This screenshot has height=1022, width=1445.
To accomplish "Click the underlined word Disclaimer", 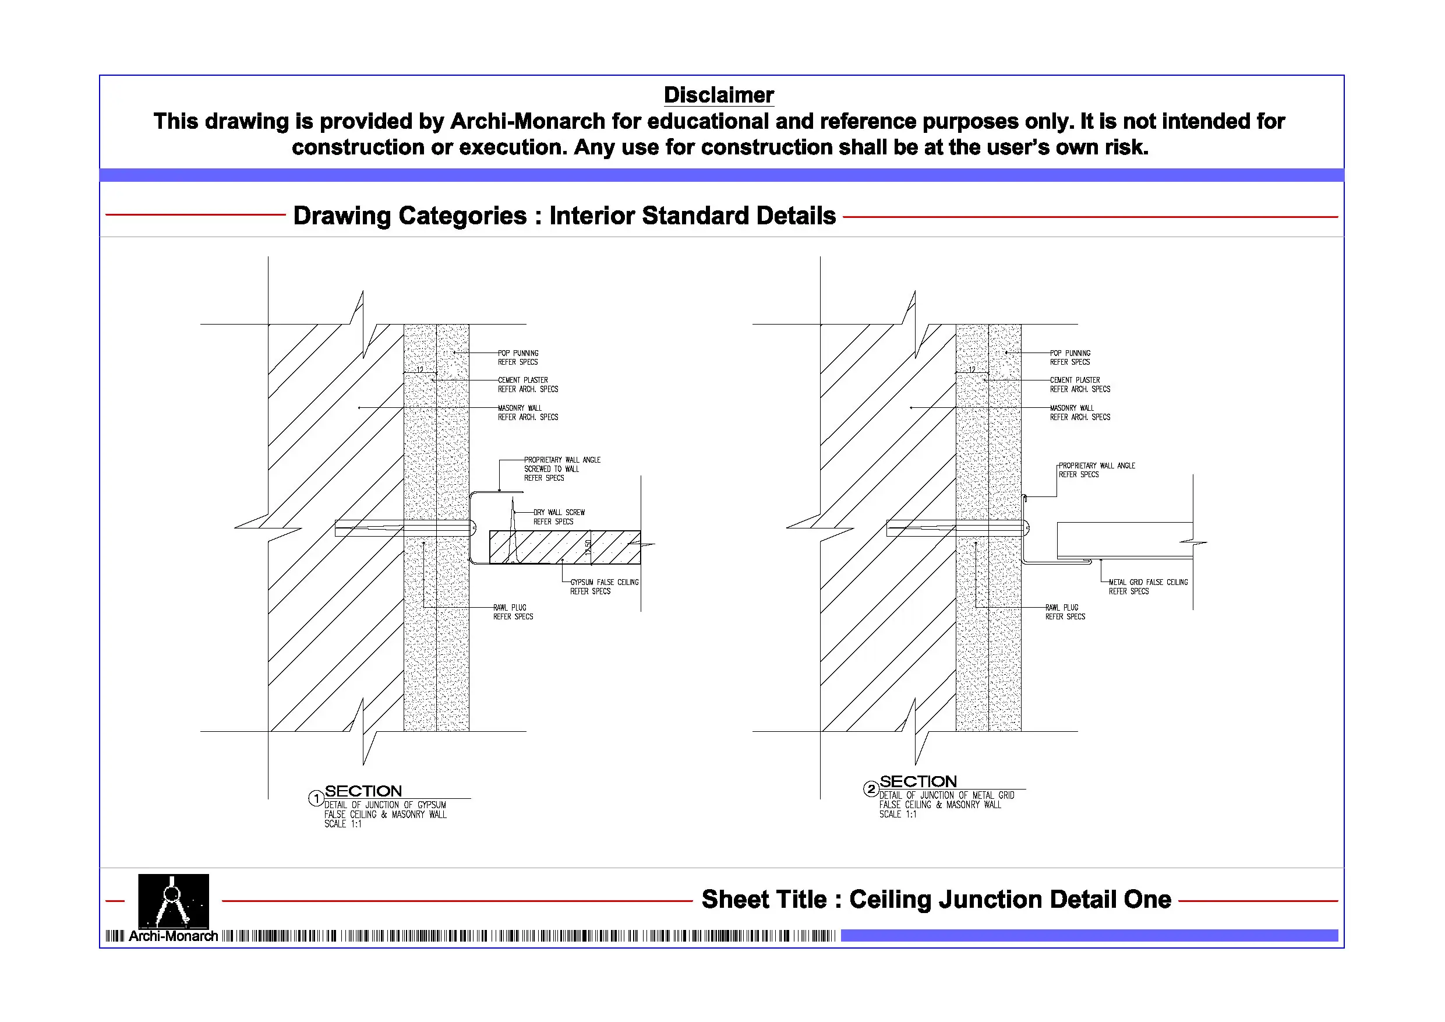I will pyautogui.click(x=718, y=95).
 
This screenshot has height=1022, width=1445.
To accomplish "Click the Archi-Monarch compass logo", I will pyautogui.click(x=173, y=900).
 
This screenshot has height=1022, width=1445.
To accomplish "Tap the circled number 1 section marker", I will pyautogui.click(x=316, y=798).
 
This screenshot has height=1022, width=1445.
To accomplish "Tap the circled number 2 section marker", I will pyautogui.click(x=871, y=788).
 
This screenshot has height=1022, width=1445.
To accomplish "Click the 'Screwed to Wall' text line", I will pyautogui.click(x=552, y=469).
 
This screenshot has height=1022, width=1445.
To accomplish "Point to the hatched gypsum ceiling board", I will pyautogui.click(x=547, y=547).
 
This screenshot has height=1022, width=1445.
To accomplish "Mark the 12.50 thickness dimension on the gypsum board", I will pyautogui.click(x=588, y=547).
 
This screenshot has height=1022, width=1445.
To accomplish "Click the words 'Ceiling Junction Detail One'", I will pyautogui.click(x=1010, y=899).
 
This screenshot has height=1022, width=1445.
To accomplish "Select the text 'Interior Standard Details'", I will pyautogui.click(x=693, y=216).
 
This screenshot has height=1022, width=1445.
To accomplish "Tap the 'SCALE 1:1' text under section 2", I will pyautogui.click(x=898, y=814).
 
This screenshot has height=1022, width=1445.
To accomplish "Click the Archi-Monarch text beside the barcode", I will pyautogui.click(x=173, y=936).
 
